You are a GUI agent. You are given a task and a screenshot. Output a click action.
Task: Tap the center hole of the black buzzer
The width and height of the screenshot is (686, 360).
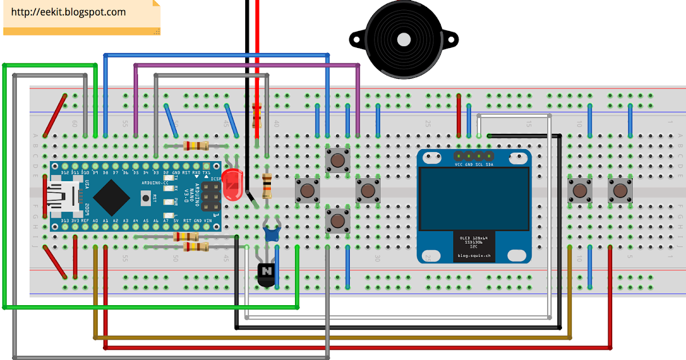404,39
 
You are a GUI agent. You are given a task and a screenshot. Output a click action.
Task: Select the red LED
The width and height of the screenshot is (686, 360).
232,184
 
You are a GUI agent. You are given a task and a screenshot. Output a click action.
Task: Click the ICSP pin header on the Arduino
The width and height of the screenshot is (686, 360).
210,197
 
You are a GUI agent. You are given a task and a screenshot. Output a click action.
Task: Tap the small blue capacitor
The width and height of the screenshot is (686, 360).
271,233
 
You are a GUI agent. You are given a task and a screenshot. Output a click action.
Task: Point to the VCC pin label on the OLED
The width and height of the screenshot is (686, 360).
458,164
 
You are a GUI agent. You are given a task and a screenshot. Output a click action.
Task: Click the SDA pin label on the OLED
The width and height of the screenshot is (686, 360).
490,164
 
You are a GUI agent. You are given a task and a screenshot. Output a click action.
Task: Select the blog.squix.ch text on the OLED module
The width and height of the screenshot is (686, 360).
474,256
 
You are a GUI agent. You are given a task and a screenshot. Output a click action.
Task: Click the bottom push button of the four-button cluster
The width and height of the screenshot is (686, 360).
338,220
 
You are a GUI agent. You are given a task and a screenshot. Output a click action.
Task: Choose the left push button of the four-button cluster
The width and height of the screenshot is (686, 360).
308,190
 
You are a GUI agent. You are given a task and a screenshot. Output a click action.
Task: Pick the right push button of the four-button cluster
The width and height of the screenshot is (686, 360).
368,190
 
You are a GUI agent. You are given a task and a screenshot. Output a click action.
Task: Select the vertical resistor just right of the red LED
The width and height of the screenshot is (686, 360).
266,186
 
